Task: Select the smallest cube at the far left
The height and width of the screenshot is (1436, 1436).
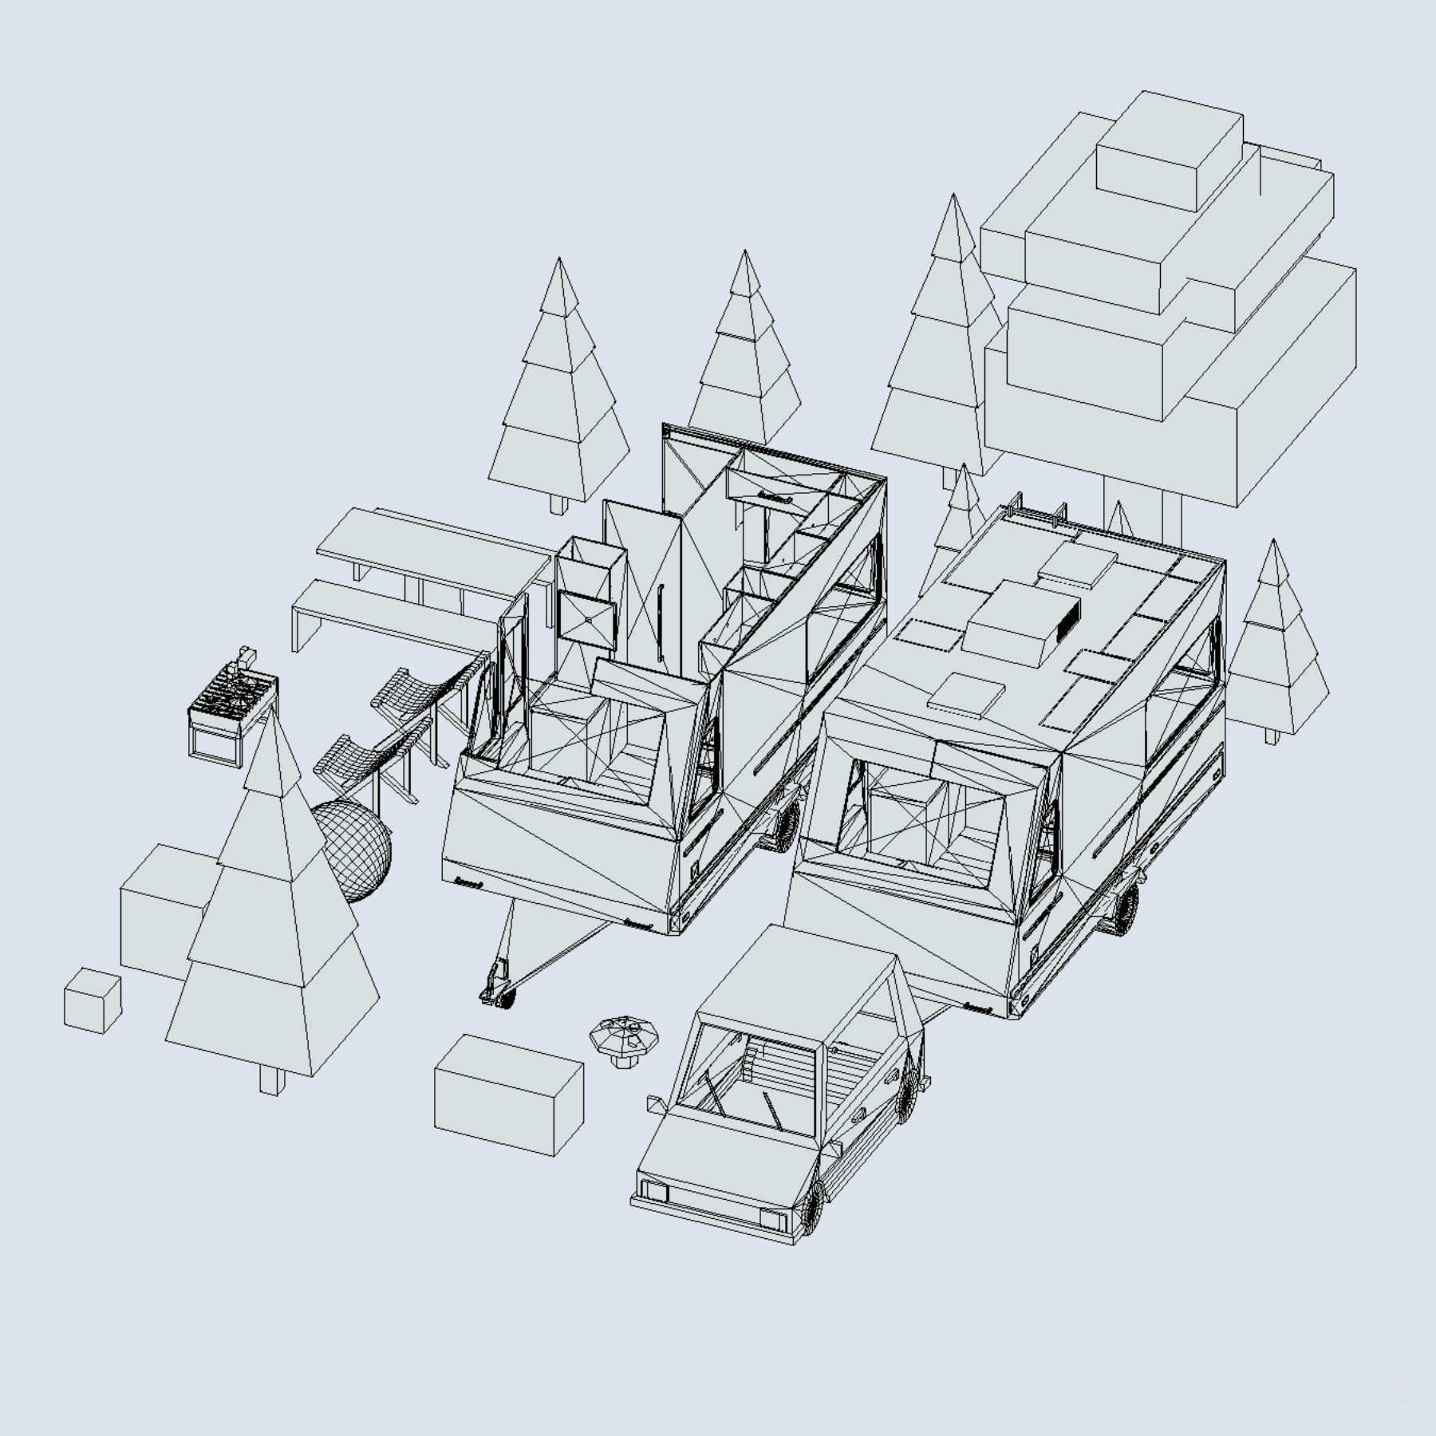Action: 92,1000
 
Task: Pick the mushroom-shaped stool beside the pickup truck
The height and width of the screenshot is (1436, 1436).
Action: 625,1039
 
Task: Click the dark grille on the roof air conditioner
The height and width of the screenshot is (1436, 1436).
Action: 1068,617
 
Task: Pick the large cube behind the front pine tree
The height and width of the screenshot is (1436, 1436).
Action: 164,909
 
